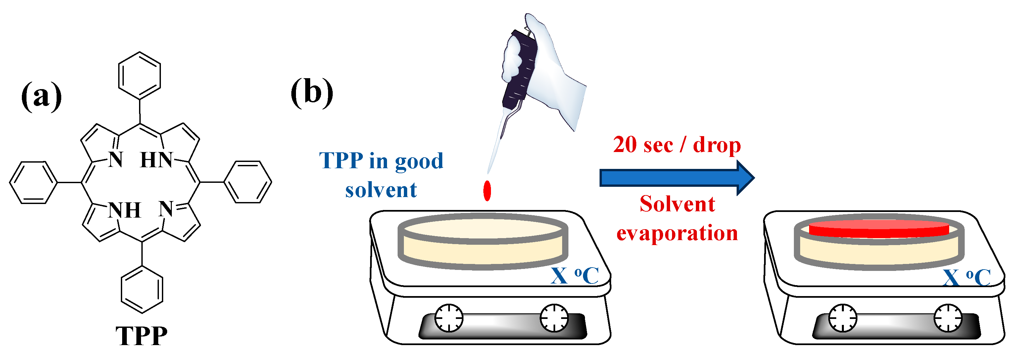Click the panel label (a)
pyautogui.click(x=41, y=96)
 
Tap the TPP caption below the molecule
pyautogui.click(x=141, y=336)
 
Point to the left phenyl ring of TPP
pyautogui.click(x=33, y=182)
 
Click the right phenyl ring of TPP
pyautogui.click(x=248, y=182)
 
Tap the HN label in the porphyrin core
pyautogui.click(x=157, y=160)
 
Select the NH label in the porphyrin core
pyautogui.click(x=124, y=210)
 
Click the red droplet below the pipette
pyautogui.click(x=487, y=190)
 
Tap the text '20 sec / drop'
pyautogui.click(x=677, y=145)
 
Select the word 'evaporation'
pyautogui.click(x=677, y=233)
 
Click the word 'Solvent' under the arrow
pyautogui.click(x=677, y=204)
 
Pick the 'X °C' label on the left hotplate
pyautogui.click(x=575, y=276)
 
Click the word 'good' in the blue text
pyautogui.click(x=419, y=161)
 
